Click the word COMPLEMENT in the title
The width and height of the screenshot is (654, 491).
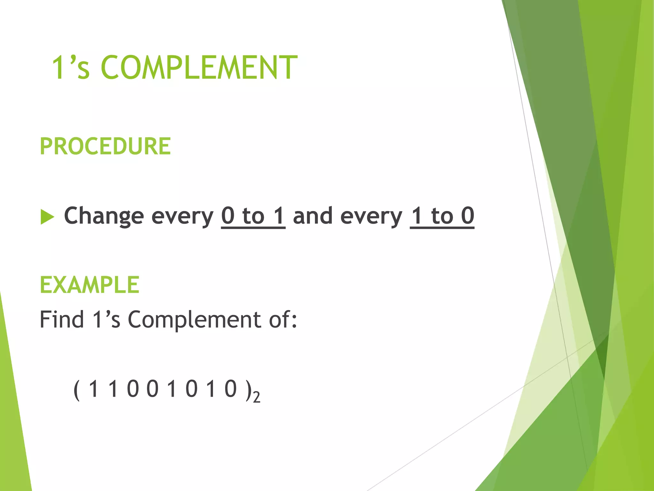tap(199, 67)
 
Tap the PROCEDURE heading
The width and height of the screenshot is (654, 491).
tap(105, 146)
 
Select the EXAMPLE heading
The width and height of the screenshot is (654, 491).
tap(89, 285)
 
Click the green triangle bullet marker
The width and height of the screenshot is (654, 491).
tap(47, 217)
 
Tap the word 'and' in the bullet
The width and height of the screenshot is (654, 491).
tap(313, 216)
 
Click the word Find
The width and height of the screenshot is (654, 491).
tap(62, 319)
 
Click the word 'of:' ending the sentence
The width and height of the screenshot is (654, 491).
tap(283, 319)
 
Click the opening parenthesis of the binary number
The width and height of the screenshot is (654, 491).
tap(76, 389)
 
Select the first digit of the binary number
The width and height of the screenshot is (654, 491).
tap(93, 389)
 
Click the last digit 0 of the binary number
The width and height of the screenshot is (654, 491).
tap(231, 389)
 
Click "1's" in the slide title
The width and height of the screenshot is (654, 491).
tap(71, 67)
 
